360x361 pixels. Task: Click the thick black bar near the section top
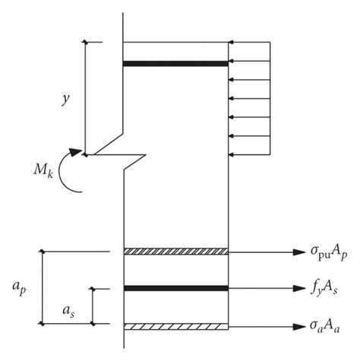175,63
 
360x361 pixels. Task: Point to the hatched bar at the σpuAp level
175,252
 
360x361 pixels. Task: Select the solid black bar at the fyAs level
175,289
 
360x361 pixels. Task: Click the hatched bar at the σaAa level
175,326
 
